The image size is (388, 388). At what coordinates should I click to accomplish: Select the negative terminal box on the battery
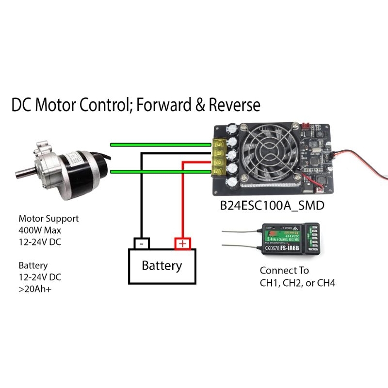[141, 242]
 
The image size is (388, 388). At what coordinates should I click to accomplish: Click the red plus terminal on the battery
[182, 243]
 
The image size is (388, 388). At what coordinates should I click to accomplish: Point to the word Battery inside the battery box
[162, 266]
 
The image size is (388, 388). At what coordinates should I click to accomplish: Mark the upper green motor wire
[160, 144]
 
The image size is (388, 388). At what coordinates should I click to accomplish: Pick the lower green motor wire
[160, 171]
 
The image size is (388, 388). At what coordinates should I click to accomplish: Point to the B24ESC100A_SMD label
[272, 206]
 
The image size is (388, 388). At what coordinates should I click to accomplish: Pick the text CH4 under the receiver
[325, 283]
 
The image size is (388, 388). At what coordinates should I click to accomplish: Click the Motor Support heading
[48, 218]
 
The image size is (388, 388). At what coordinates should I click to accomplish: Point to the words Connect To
[284, 271]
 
